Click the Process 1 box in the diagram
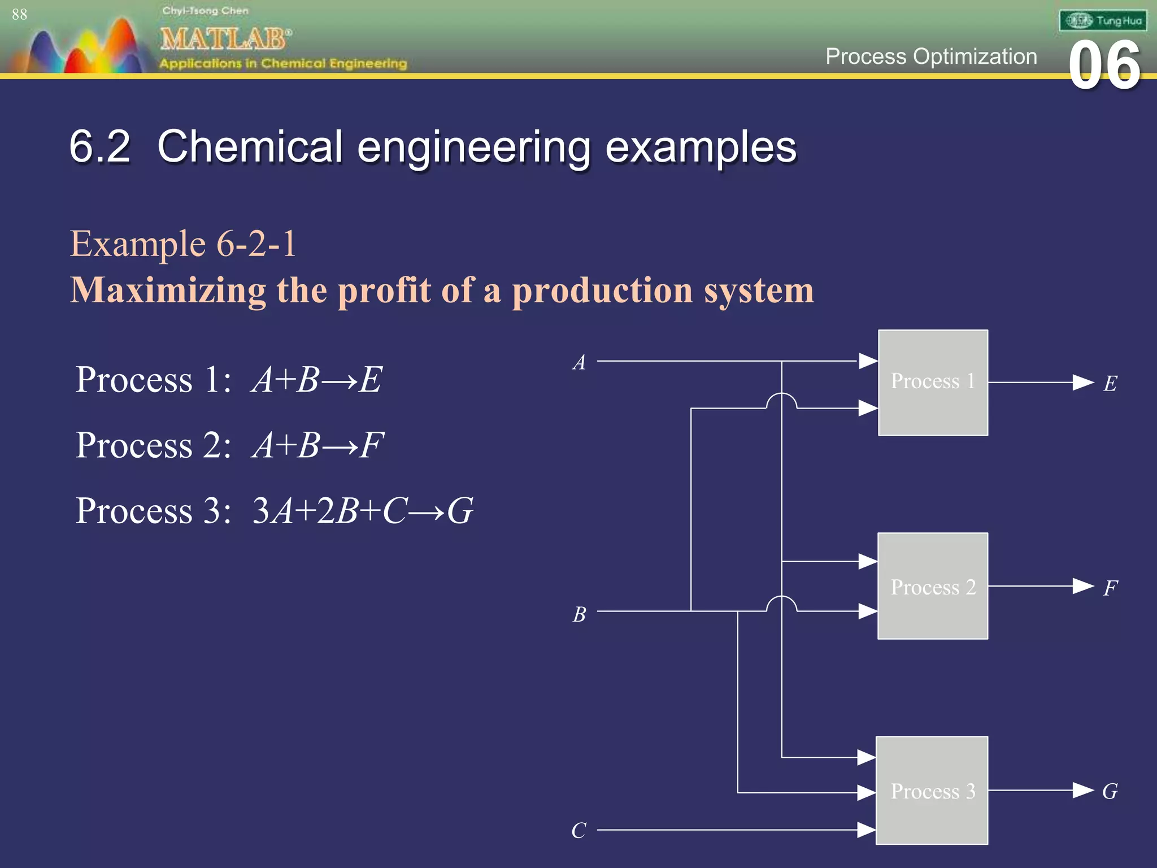pos(933,383)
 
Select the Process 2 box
pos(933,586)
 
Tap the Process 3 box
pos(932,790)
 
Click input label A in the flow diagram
pos(579,362)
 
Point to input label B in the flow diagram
pos(579,614)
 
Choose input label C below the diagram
pos(578,831)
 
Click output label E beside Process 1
pos(1110,384)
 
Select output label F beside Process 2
pos(1110,588)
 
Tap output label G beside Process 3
pos(1110,791)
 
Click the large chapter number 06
pos(1104,66)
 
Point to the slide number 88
pos(19,15)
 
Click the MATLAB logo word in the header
pos(225,40)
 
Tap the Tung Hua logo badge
pos(1102,21)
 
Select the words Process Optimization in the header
pos(931,57)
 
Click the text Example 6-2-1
pos(183,244)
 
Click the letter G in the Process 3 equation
pos(460,511)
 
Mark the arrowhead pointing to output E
pos(1083,383)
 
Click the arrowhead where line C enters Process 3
pos(866,830)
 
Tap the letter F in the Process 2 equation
pos(372,445)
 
